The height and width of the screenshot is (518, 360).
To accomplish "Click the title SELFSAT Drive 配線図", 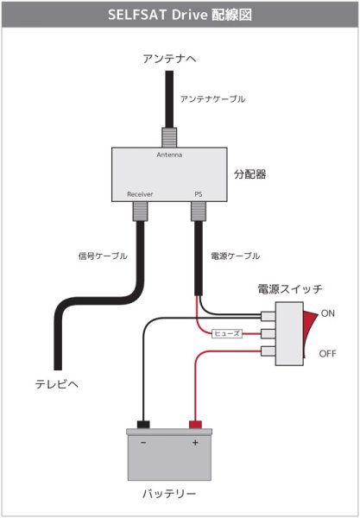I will tap(180, 16).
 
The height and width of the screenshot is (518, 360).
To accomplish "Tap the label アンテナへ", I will tap(170, 59).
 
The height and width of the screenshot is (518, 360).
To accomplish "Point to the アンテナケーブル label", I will tap(212, 99).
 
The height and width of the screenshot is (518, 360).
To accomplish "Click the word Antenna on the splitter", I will tap(169, 155).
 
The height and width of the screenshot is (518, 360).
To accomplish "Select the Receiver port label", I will tap(140, 194).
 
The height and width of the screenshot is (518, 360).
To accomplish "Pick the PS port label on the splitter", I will tap(198, 194).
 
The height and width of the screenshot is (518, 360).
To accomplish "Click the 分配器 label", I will tap(250, 174).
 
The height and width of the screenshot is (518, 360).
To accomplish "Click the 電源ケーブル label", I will tap(235, 256).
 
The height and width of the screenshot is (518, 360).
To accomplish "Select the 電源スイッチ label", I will tap(290, 288).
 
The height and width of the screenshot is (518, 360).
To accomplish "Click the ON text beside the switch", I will tap(328, 313).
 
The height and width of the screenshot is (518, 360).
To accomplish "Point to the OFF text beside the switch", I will tap(329, 354).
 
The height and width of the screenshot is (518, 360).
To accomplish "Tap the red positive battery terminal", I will tap(196, 425).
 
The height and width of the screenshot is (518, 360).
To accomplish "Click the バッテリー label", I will tap(169, 495).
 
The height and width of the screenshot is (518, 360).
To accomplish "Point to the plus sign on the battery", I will tap(195, 443).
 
